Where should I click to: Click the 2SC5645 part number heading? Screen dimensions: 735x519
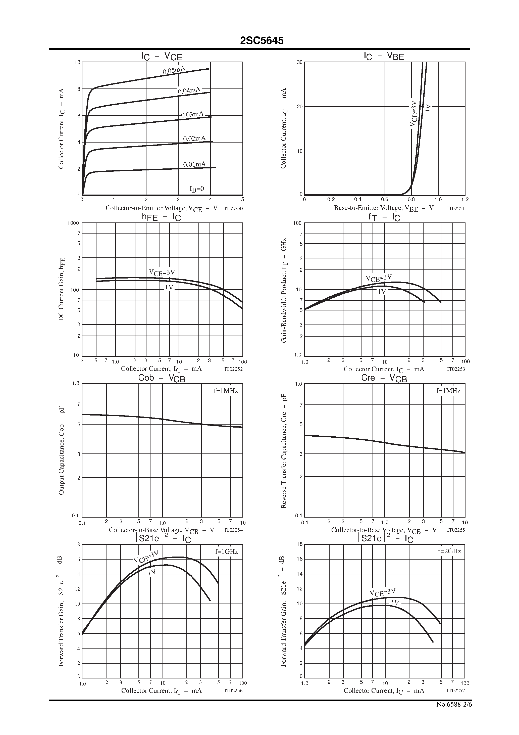(262, 41)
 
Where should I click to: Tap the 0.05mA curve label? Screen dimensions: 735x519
(174, 70)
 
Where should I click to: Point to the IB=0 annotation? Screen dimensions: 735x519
(197, 189)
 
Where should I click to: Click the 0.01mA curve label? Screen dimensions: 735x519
(194, 165)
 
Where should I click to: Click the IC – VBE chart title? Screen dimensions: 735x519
(384, 56)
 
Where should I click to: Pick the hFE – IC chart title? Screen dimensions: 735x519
(161, 217)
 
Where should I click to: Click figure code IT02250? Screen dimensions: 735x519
(234, 208)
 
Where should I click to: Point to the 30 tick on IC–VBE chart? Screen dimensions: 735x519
(299, 62)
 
